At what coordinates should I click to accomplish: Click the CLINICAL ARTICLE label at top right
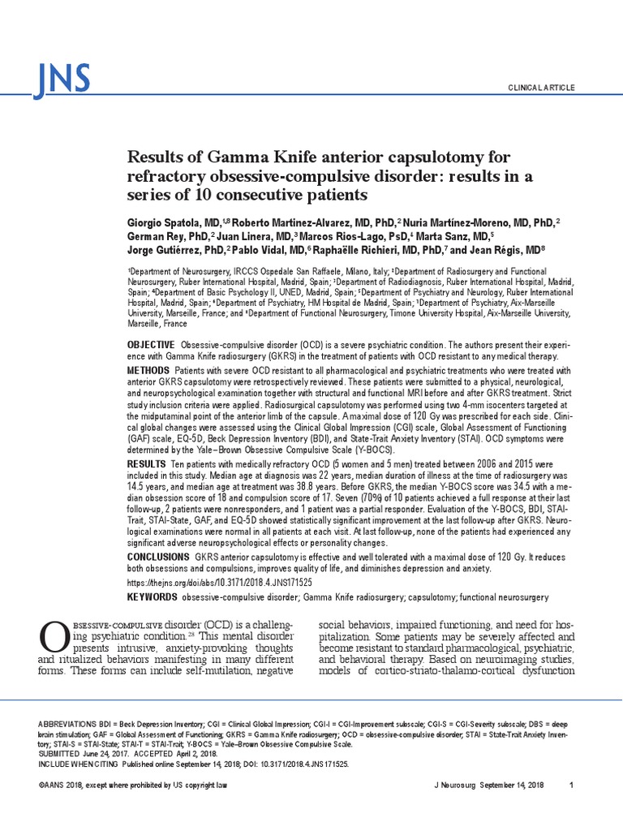(540, 87)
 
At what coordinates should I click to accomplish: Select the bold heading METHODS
(148, 371)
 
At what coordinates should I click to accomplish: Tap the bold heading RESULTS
(146, 463)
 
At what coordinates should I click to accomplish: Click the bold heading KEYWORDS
(152, 597)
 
